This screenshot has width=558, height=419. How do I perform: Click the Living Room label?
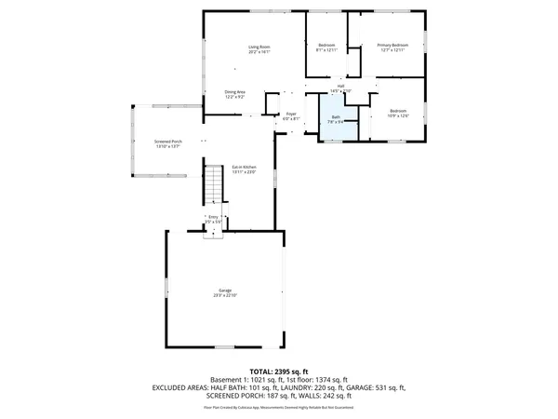(x=259, y=47)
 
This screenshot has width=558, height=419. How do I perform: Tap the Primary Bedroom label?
(x=392, y=46)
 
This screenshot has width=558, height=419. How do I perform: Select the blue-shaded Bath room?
(x=337, y=123)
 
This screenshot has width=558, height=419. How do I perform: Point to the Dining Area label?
(x=234, y=91)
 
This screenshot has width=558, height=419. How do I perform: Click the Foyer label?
(x=291, y=114)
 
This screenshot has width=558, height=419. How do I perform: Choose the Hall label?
(x=340, y=87)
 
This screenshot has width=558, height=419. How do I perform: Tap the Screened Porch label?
(x=168, y=141)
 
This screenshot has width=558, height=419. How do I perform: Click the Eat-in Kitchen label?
(x=244, y=167)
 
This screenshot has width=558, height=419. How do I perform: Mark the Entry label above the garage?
(x=213, y=217)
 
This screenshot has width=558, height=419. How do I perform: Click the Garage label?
(x=225, y=291)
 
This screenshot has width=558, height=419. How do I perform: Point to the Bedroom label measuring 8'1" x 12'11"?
(x=326, y=46)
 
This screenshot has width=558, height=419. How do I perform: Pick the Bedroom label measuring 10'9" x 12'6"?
(x=398, y=110)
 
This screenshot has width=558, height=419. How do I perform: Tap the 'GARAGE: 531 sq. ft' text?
(x=375, y=386)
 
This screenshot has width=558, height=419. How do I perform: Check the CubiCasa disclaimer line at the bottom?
(x=278, y=407)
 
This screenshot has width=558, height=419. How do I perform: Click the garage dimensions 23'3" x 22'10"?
(x=225, y=295)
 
